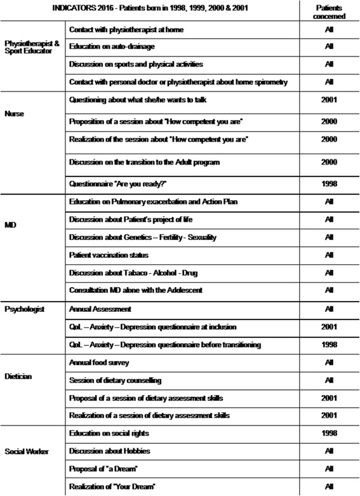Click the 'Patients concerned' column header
click(329, 12)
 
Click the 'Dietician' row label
click(18, 376)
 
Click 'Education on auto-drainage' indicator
click(111, 47)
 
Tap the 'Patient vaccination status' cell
click(109, 254)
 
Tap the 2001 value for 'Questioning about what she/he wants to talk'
click(329, 100)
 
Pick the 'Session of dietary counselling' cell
click(115, 380)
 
